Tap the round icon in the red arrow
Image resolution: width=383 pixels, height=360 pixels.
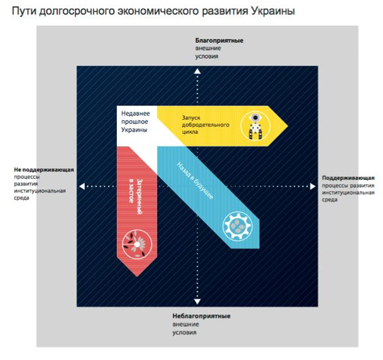click(136, 242)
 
